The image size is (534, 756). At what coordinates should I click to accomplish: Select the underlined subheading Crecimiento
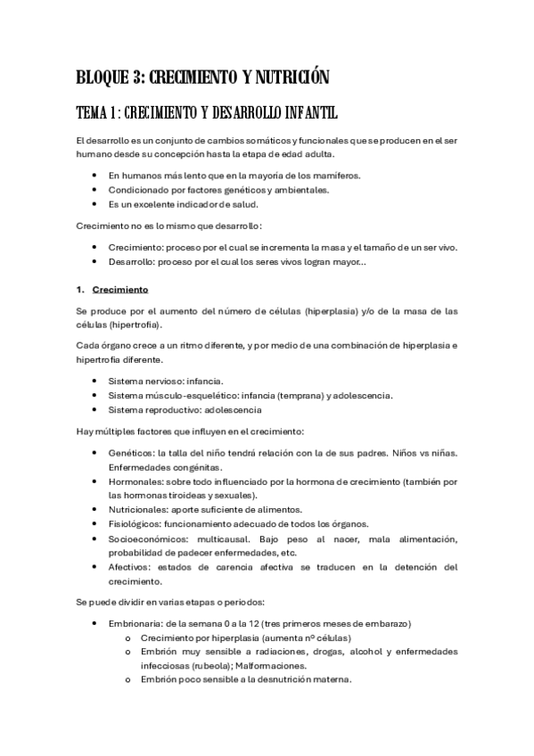[x=120, y=290]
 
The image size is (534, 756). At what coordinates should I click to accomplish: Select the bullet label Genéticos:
[x=132, y=454]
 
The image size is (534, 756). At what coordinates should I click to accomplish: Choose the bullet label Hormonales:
[x=136, y=481]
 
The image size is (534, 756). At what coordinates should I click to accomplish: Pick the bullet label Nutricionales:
[x=140, y=509]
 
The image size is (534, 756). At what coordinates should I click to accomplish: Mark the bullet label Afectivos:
[x=131, y=567]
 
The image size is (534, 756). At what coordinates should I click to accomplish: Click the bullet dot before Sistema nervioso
[x=95, y=381]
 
